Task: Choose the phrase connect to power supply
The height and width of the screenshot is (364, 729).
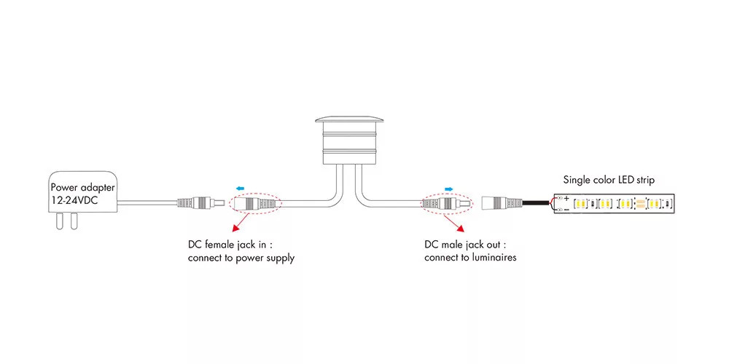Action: point(241,258)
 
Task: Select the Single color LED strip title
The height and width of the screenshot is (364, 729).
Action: point(608,179)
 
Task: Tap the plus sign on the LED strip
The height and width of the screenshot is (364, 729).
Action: point(566,197)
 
